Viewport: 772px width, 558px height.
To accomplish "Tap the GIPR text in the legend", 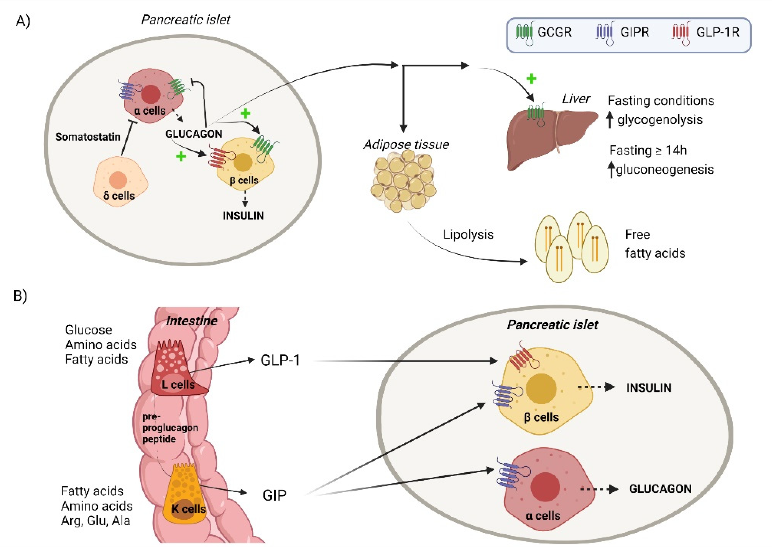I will tap(634, 32).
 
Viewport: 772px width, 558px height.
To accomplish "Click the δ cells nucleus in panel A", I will tap(118, 180).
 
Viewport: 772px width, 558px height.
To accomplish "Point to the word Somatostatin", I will tap(88, 137).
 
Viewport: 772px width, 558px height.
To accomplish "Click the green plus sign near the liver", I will tap(531, 79).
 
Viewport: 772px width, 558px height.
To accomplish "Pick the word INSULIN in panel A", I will tap(243, 216).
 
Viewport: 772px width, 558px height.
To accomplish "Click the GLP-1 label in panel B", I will tap(280, 360).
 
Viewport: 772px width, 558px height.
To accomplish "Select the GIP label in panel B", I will tap(274, 495).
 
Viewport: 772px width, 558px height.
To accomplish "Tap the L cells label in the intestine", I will tap(178, 385).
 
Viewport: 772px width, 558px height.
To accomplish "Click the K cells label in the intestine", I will tap(188, 509).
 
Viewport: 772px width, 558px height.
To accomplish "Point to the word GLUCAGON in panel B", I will tap(660, 489).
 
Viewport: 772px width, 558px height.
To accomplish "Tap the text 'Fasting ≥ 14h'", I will tap(647, 150).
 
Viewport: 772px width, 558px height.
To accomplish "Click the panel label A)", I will tap(23, 21).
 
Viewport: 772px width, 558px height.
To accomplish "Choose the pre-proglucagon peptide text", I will tap(170, 427).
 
